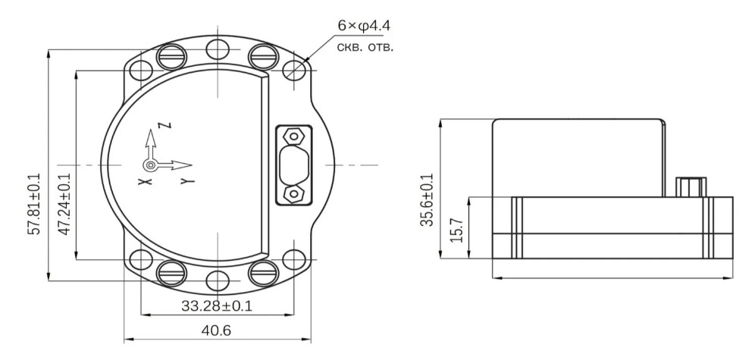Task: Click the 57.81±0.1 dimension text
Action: (36, 204)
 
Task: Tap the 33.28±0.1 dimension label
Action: (217, 305)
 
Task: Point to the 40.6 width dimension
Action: (217, 330)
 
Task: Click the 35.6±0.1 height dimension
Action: (427, 200)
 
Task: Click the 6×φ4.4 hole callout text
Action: (364, 26)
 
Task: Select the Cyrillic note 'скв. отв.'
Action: (365, 48)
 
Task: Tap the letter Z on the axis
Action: (167, 126)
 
